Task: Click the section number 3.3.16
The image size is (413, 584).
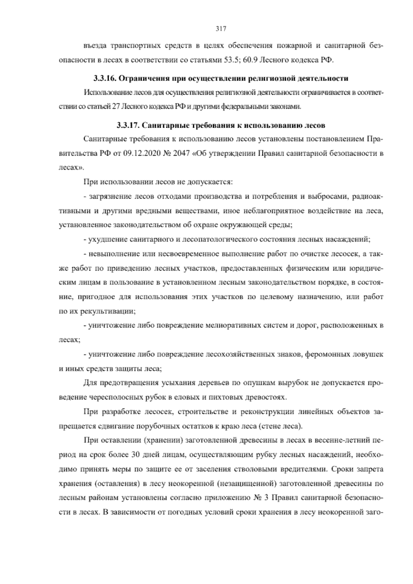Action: [104, 79]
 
